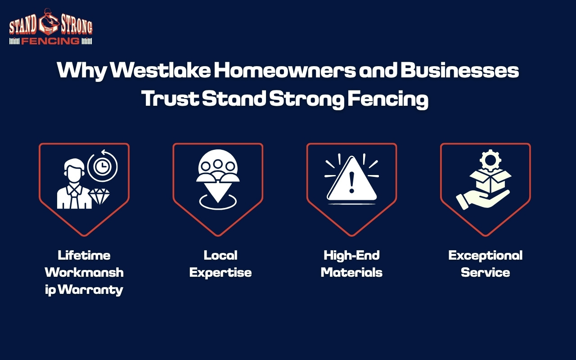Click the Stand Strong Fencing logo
(50, 27)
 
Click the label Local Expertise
(220, 264)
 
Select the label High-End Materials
(351, 264)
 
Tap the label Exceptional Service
(485, 264)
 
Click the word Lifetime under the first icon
(84, 256)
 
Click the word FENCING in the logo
(50, 41)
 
